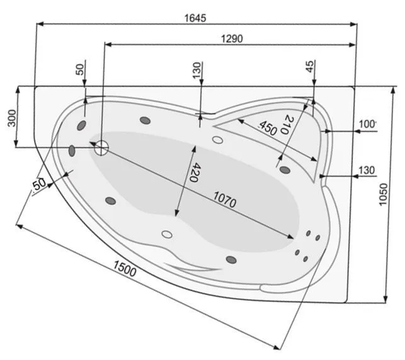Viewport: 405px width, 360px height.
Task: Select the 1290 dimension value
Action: [232, 38]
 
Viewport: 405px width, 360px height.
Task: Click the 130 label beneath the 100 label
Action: [367, 170]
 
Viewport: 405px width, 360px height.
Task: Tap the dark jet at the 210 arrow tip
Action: [284, 168]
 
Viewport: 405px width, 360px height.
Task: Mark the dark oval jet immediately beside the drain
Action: [72, 150]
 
